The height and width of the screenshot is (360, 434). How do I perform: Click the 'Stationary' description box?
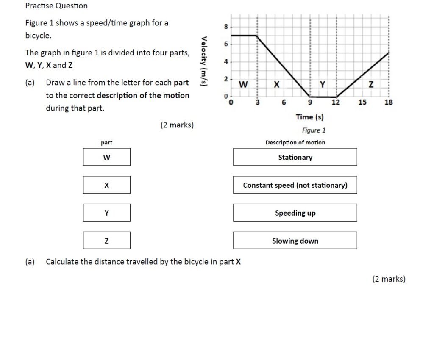[295, 157]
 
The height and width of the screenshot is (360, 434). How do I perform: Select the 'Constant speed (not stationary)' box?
[295, 185]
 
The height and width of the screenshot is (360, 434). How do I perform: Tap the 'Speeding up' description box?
[295, 213]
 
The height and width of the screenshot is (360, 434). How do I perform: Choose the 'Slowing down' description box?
[295, 241]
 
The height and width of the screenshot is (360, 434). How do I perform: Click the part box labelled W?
[107, 157]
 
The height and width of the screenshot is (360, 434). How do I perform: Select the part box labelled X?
[107, 185]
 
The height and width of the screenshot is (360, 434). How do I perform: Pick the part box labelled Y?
[107, 213]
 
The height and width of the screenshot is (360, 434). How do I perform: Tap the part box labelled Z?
[107, 241]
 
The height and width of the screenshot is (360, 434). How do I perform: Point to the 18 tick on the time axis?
[389, 102]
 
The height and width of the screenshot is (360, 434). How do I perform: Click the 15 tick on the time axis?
[362, 102]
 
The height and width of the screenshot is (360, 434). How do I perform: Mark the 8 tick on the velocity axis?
[226, 27]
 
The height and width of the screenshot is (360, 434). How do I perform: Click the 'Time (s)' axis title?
[310, 117]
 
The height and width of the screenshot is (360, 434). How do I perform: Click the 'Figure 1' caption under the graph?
[314, 130]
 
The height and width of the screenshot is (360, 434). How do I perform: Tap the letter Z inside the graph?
[371, 85]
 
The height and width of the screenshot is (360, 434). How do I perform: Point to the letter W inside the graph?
[243, 85]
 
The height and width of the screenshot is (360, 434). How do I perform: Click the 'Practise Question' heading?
[56, 6]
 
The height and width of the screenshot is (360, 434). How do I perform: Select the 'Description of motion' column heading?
[295, 143]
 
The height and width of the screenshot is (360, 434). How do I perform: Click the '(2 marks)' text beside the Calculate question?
[389, 279]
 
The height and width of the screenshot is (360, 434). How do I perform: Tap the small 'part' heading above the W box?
[107, 143]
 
